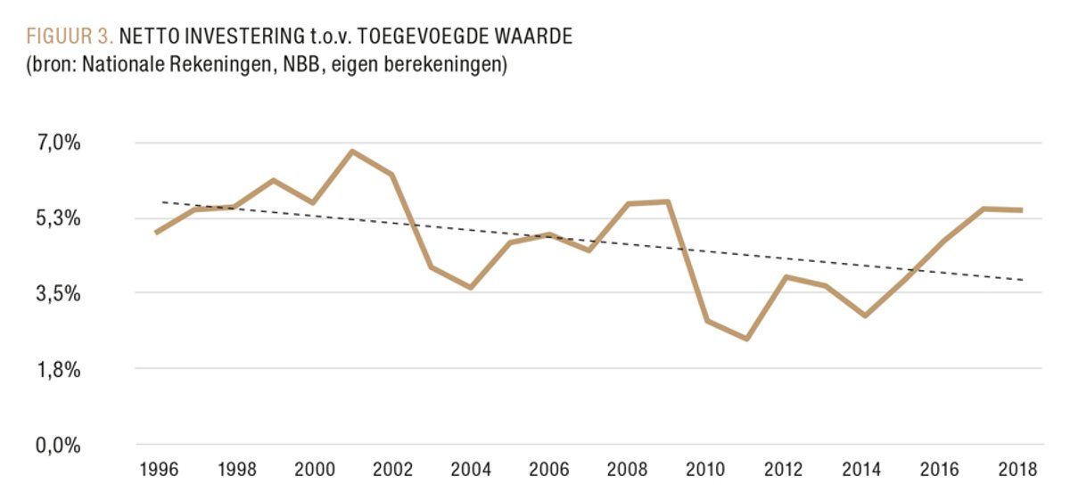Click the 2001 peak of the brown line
point(352,152)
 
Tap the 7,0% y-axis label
point(60,143)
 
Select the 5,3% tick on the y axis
point(60,218)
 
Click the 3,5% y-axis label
point(60,293)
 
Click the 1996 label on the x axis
point(155,470)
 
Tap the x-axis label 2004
point(470,470)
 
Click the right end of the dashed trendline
point(1023,280)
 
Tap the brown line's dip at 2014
point(865,316)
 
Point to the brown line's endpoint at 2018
point(1022,210)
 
